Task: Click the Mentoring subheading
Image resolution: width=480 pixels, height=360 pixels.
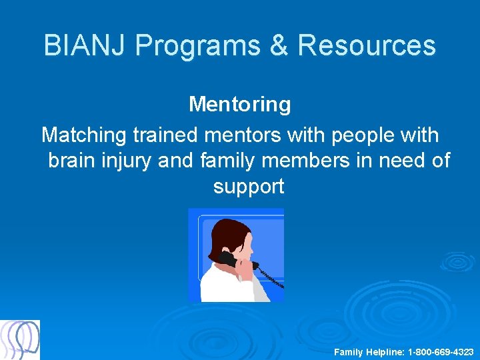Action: pyautogui.click(x=239, y=104)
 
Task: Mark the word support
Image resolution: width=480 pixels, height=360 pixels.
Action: pyautogui.click(x=249, y=187)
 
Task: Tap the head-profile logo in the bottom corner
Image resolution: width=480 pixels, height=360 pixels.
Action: pyautogui.click(x=20, y=340)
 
